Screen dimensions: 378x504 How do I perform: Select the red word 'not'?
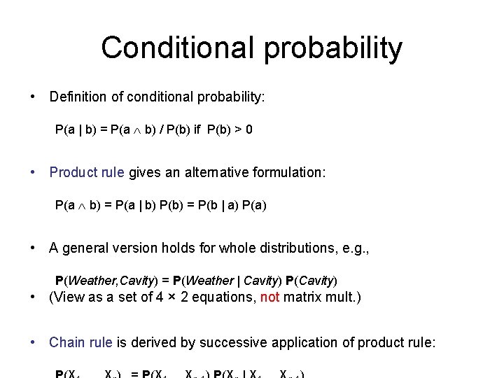pyautogui.click(x=269, y=297)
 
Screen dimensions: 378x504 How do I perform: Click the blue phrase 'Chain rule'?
pyautogui.click(x=80, y=342)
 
